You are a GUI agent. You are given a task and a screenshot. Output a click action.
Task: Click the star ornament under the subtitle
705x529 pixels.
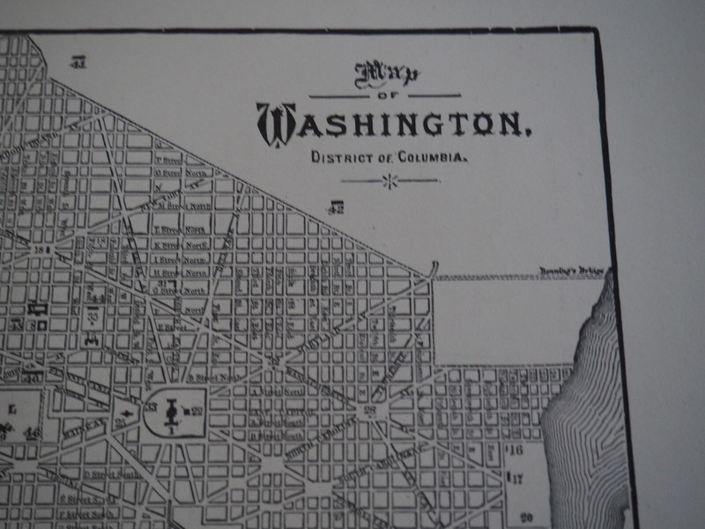tap(389, 181)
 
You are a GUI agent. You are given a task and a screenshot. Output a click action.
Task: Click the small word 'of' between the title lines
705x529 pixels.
tap(382, 95)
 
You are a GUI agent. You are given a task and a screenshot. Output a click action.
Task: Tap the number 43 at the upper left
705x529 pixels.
tap(79, 62)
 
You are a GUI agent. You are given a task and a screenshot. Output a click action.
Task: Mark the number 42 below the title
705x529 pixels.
tap(336, 208)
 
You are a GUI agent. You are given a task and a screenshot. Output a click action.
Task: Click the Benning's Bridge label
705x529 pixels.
tap(574, 272)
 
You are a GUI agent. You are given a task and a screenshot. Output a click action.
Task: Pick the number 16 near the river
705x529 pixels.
tap(516, 450)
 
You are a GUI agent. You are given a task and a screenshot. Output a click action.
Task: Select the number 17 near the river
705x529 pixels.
tap(516, 479)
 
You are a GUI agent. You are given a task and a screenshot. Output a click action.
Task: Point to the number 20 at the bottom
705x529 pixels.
tap(526, 518)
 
